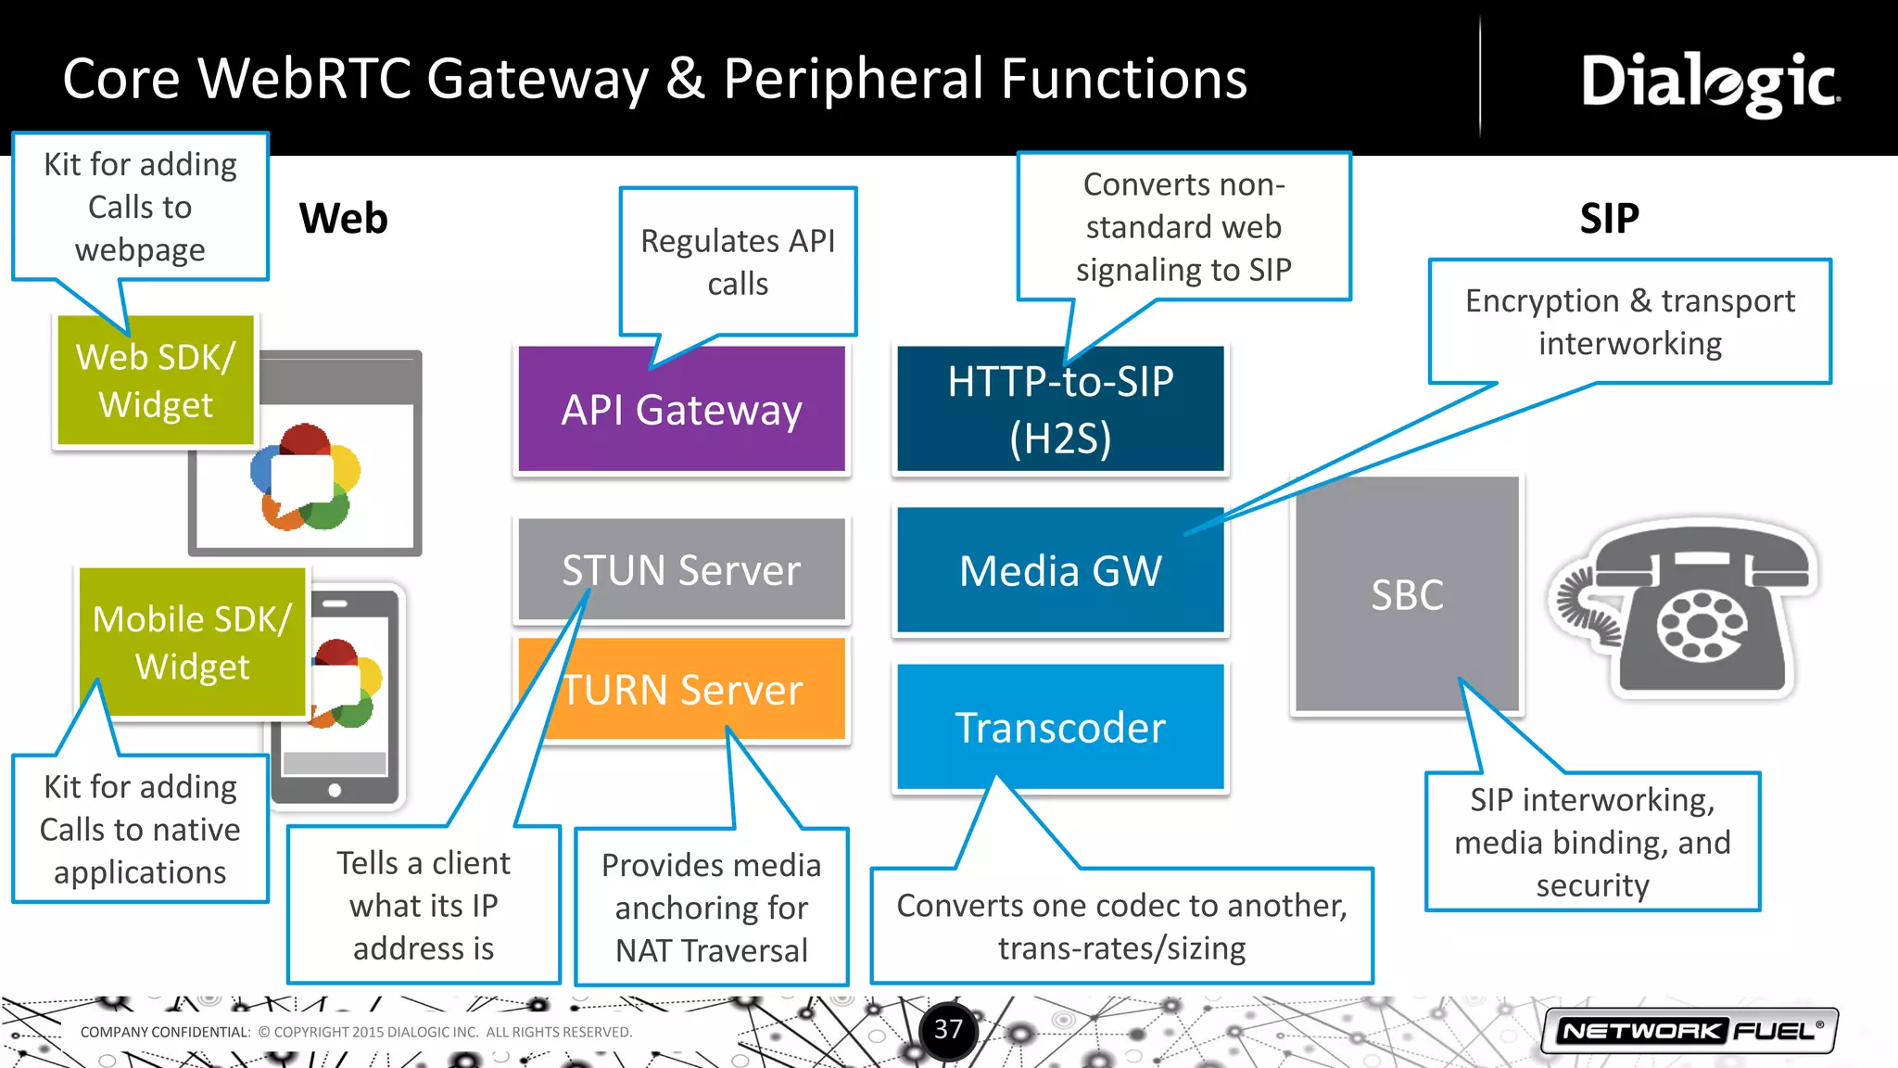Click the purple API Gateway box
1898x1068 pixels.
[681, 410]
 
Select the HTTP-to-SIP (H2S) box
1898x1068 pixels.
[1060, 410]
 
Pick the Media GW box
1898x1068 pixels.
[1060, 570]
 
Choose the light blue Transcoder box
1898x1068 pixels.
[1060, 728]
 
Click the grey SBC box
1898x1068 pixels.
[1407, 594]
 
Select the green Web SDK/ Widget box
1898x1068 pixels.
[156, 381]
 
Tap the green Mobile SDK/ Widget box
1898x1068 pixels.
[193, 642]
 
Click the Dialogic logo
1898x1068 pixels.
[1710, 83]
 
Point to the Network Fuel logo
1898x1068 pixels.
[1689, 1031]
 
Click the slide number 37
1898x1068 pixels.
[948, 1029]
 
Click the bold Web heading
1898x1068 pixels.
[343, 219]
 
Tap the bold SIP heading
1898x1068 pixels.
[1609, 219]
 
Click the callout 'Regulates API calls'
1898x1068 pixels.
[738, 261]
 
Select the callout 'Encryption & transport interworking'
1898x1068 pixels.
[1629, 322]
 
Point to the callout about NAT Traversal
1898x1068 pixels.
[711, 908]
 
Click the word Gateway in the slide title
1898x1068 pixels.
[538, 79]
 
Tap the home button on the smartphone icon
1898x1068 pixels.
[335, 790]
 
